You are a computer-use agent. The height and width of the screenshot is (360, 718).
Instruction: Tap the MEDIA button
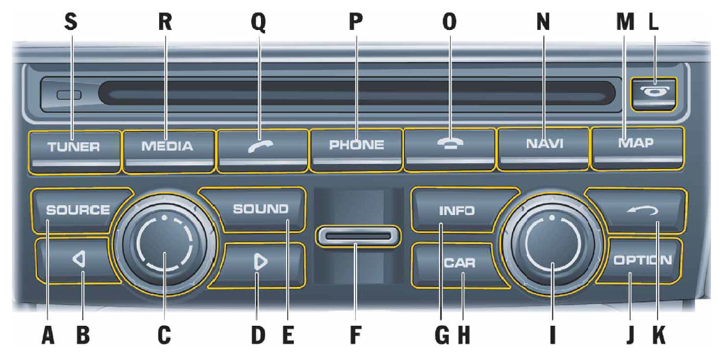[167, 147]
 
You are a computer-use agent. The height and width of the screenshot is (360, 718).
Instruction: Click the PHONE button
[357, 146]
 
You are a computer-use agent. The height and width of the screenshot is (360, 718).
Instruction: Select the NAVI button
[544, 145]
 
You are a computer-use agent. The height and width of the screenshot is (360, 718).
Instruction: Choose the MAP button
[636, 144]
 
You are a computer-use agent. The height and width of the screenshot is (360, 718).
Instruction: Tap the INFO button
[456, 210]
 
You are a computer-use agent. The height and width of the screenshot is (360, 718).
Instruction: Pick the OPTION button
[642, 261]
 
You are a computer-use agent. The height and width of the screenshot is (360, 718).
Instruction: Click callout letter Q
[258, 22]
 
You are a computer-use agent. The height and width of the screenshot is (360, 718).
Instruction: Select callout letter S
[70, 22]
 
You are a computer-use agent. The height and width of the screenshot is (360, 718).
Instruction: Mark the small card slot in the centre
[357, 237]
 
